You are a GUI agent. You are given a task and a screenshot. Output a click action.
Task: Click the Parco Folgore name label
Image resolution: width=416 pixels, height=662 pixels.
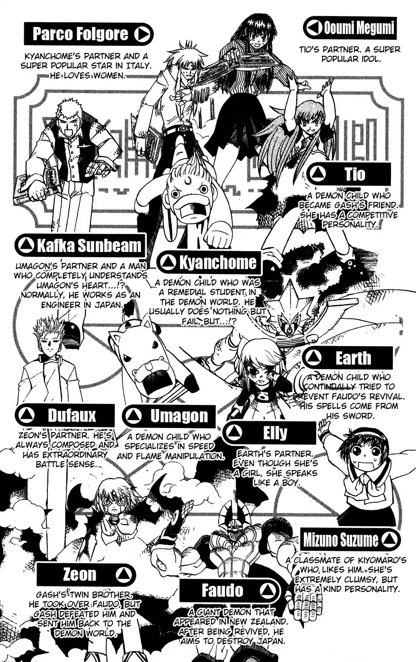tap(89, 35)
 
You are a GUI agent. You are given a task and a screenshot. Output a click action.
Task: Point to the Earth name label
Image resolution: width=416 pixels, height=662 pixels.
tap(348, 358)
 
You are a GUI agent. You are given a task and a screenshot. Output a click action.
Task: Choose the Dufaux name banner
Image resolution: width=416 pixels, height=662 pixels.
tap(65, 416)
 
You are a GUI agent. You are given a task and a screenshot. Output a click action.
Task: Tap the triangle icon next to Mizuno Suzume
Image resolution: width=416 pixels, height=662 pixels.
tap(389, 540)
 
